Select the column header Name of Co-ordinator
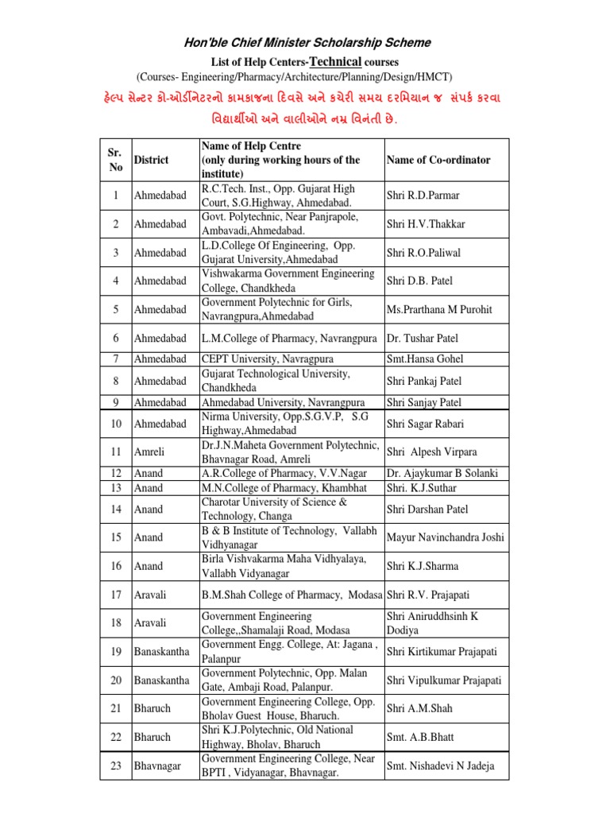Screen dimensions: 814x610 438,160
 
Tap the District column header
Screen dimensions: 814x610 151,160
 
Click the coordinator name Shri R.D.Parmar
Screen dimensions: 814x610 423,196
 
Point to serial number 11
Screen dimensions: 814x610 116,452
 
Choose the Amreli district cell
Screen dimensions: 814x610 149,452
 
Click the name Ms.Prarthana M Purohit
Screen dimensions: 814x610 439,309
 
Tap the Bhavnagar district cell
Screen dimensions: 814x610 157,766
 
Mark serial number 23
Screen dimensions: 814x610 116,766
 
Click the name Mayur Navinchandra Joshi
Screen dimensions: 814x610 445,537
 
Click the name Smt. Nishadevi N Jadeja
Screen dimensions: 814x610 440,766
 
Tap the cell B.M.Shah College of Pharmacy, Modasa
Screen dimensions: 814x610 292,595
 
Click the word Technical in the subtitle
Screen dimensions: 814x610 339,61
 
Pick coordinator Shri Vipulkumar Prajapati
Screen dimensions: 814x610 444,680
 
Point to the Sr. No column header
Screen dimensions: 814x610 116,160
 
